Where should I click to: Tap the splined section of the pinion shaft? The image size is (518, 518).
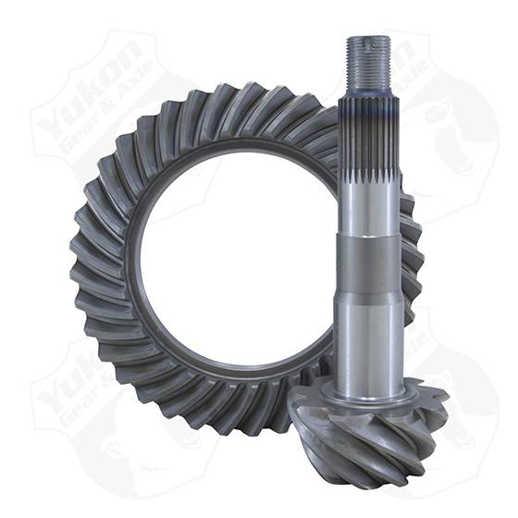point(367,139)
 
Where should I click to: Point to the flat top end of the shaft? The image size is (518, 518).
point(368,38)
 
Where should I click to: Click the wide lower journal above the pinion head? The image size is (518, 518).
point(367,305)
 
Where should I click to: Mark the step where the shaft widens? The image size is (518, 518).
point(367,239)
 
